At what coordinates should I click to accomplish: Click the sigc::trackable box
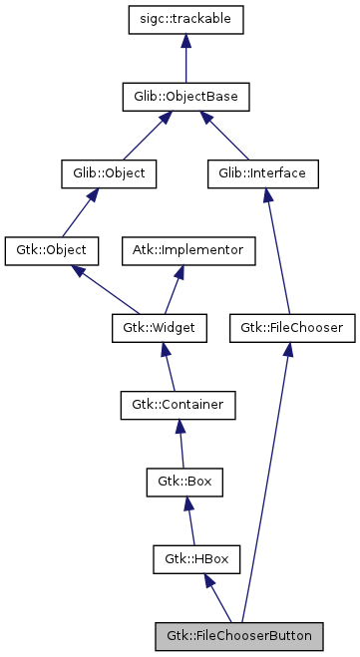point(185,19)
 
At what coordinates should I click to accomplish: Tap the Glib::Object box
point(103,172)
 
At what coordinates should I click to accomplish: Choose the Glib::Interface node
point(262,172)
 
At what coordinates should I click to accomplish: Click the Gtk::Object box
point(46,249)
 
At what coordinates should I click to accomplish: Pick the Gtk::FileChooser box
point(292,326)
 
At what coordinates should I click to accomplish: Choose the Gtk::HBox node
point(191,558)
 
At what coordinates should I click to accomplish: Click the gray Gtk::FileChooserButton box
point(239,635)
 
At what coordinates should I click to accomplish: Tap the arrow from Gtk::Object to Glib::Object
point(76,210)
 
